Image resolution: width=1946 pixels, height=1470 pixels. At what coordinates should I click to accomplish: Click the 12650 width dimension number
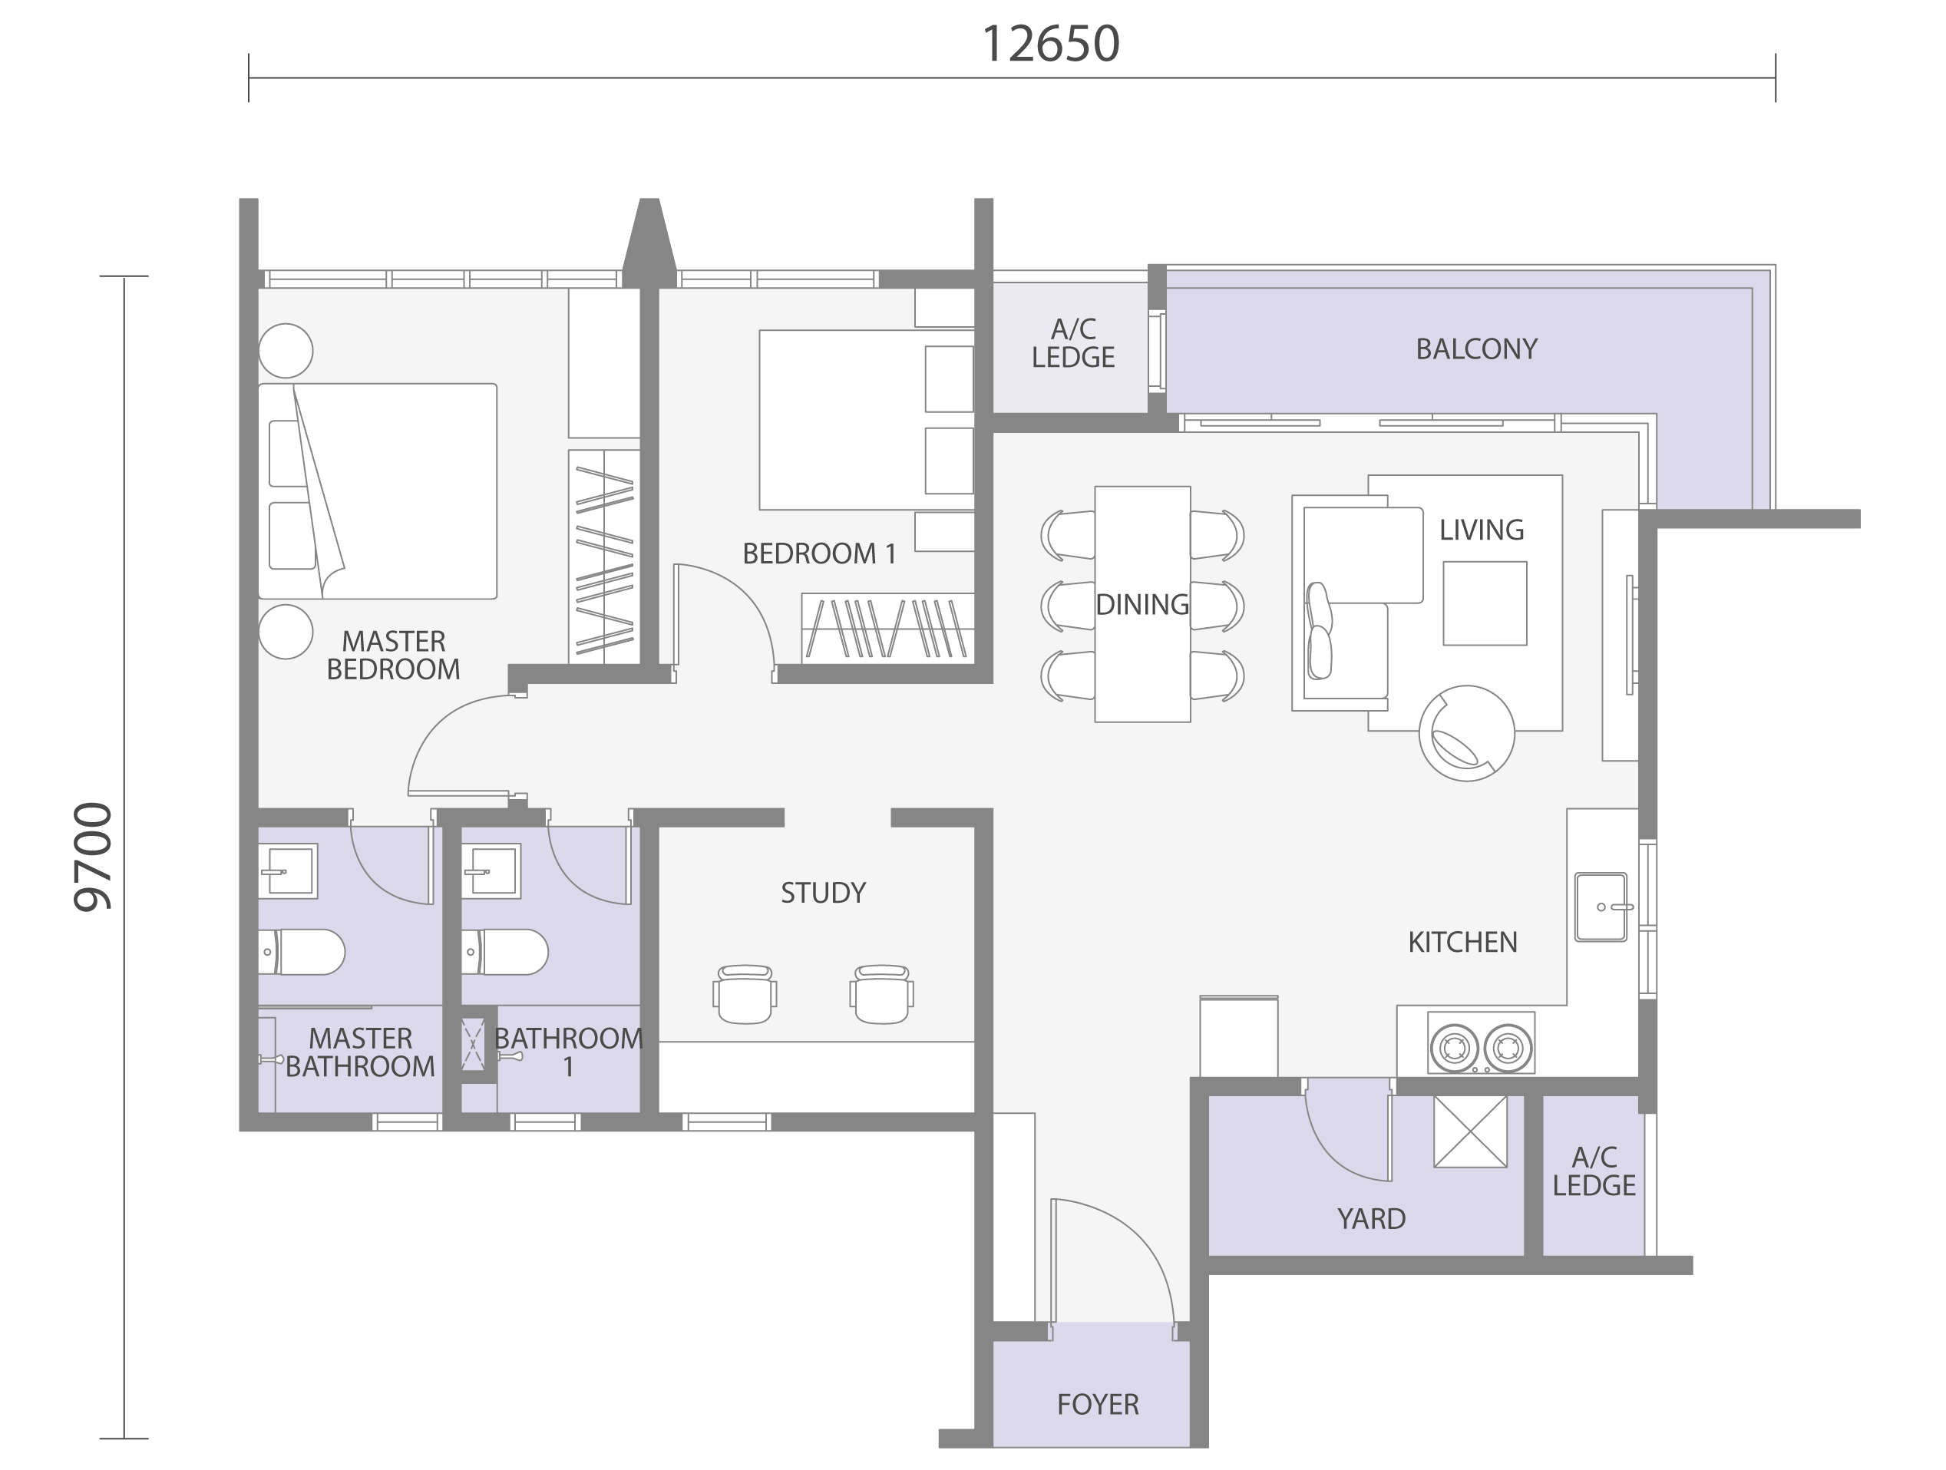pos(1050,44)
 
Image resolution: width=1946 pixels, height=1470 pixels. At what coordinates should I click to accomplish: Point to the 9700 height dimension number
pos(93,857)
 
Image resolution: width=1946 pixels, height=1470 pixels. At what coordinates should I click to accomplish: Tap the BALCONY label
pos(1476,349)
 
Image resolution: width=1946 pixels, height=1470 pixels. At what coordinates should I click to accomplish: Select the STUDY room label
pos(824,893)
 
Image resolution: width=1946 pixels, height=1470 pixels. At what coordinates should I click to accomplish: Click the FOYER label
pos(1098,1404)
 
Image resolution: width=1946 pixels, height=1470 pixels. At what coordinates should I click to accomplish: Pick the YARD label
pos(1372,1218)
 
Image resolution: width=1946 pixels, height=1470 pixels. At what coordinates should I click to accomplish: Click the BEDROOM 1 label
pos(819,553)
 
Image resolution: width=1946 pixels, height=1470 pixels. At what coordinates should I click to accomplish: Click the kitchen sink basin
pos(1601,907)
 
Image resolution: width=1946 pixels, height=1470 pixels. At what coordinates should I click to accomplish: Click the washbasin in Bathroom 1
pos(491,871)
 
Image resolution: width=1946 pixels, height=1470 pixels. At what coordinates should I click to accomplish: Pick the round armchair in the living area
pos(1466,733)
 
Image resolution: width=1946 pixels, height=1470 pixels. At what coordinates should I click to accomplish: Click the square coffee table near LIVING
pos(1485,603)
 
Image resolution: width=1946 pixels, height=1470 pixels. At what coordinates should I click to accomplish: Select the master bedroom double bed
pos(378,491)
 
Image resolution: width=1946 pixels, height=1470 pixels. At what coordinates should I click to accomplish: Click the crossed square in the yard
pos(1471,1131)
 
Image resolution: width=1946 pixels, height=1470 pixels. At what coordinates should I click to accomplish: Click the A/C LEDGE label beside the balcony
pos(1073,343)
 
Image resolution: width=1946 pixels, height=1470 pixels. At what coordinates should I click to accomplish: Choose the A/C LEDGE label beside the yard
pos(1594,1171)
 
